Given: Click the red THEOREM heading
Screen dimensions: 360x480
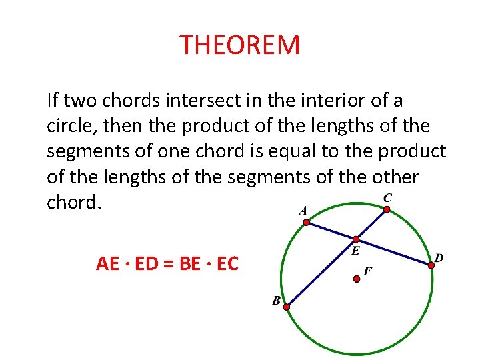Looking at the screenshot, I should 240,45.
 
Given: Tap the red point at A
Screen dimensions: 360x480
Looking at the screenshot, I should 307,223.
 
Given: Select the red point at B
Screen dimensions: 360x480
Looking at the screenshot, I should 286,307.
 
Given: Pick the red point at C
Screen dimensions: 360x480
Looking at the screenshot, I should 387,209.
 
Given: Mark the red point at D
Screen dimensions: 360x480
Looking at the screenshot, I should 431,265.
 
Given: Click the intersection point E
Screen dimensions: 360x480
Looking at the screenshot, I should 356,239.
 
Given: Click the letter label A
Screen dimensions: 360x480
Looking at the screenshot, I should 303,211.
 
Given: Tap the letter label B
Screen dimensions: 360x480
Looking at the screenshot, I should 275,301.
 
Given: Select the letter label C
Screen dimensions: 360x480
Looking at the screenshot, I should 387,197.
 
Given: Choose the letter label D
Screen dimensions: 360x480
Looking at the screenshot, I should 439,257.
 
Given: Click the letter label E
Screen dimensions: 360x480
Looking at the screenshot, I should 355,251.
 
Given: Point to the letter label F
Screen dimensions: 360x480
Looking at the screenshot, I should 367,271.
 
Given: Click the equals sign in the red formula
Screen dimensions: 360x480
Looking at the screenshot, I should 167,264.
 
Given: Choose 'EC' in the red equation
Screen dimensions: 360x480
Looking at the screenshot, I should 227,264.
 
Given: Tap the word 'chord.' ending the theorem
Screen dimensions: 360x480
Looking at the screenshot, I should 73,202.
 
